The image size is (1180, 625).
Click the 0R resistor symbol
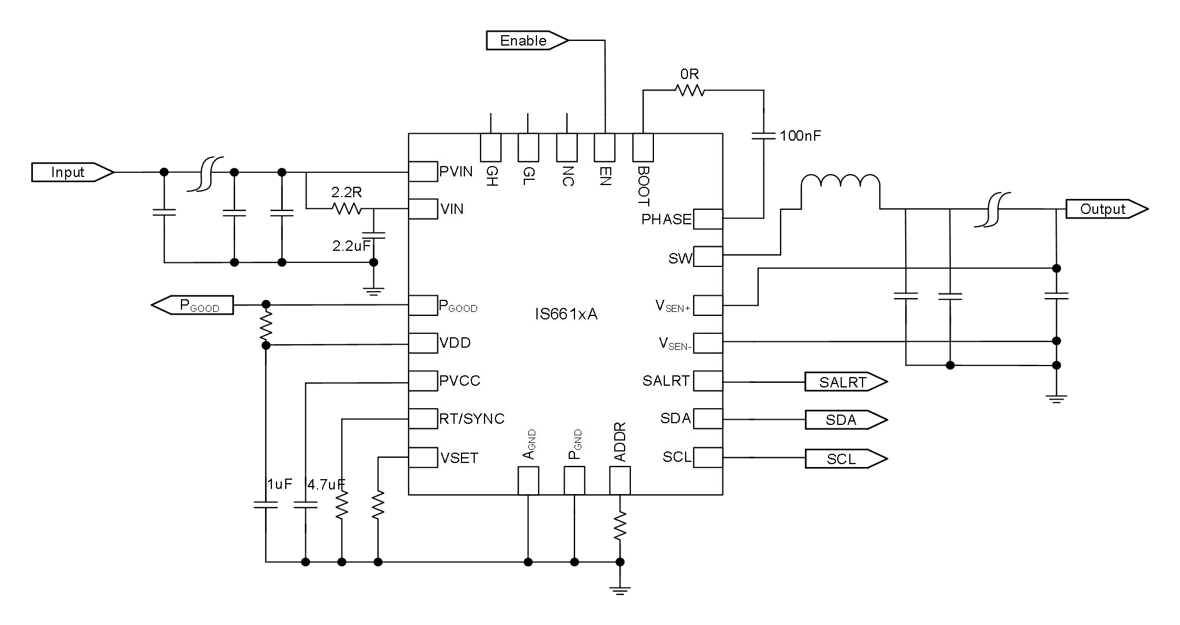pyautogui.click(x=690, y=91)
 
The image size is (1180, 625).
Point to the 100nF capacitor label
pyautogui.click(x=800, y=136)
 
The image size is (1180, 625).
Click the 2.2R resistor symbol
pyautogui.click(x=347, y=209)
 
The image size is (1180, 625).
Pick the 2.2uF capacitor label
pyautogui.click(x=351, y=246)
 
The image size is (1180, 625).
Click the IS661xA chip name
pyautogui.click(x=566, y=314)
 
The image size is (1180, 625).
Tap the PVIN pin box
pyautogui.click(x=423, y=172)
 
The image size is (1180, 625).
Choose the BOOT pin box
pyautogui.click(x=643, y=148)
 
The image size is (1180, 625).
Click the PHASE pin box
pyautogui.click(x=708, y=219)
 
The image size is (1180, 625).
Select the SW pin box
pyautogui.click(x=708, y=257)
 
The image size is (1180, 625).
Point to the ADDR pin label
pyautogui.click(x=620, y=442)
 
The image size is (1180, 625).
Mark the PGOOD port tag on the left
pyautogui.click(x=193, y=305)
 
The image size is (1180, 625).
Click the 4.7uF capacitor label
pyautogui.click(x=326, y=485)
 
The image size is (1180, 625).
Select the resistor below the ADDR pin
pyautogui.click(x=620, y=525)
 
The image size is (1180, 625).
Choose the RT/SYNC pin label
pyautogui.click(x=471, y=419)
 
